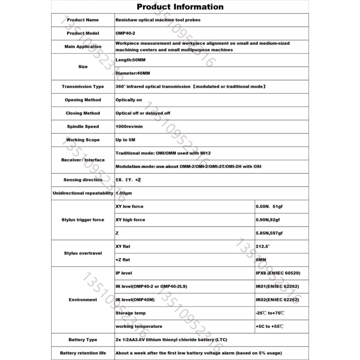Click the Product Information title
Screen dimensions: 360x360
point(180,7)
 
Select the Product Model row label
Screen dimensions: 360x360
point(83,33)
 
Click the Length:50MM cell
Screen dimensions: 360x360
point(130,60)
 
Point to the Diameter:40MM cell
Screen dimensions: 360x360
point(132,73)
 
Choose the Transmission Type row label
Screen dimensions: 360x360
point(83,86)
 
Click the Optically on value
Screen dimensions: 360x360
point(129,100)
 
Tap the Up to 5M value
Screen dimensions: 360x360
point(126,140)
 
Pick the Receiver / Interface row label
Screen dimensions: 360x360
point(83,160)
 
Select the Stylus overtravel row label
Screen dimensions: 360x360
point(83,253)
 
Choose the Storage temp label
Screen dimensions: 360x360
point(131,313)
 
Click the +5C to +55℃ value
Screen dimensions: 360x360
point(270,326)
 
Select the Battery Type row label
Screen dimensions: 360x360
point(83,340)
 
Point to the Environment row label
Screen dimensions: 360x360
point(83,300)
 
